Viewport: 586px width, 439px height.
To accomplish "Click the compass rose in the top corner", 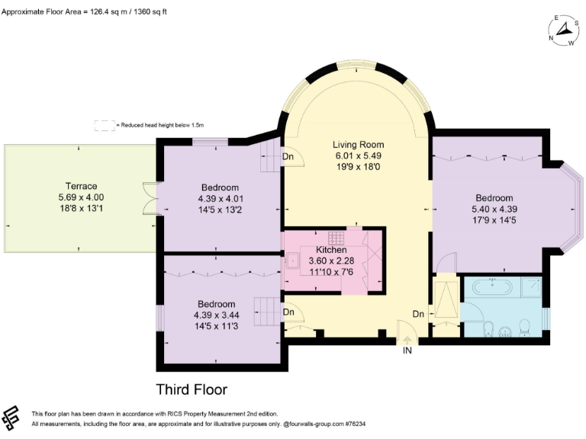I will (563, 30).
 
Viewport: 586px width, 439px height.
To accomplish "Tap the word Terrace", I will (81, 186).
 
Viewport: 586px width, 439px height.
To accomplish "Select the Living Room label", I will (358, 145).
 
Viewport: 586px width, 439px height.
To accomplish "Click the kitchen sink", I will (291, 259).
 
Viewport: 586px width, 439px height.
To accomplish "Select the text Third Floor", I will (192, 389).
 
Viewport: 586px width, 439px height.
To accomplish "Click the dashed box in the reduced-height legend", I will (104, 125).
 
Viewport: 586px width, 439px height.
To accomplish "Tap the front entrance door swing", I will (405, 332).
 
